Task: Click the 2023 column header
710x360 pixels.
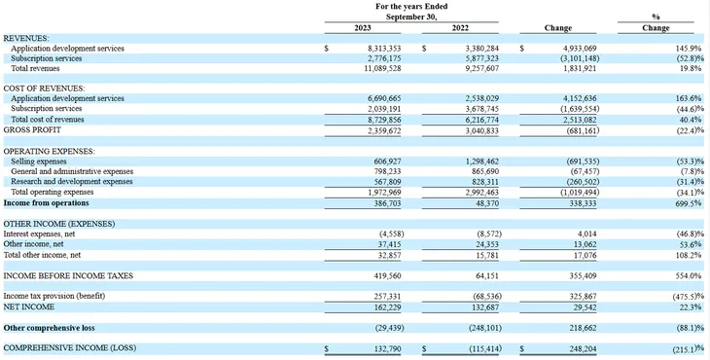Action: point(362,28)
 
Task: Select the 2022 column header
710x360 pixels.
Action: point(460,28)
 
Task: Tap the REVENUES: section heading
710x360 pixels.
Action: point(26,39)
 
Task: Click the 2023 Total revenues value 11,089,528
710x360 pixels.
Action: point(382,69)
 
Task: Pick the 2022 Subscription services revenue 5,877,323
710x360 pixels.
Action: point(482,58)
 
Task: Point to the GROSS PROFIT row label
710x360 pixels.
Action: point(32,130)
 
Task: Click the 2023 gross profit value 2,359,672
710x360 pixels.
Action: point(384,131)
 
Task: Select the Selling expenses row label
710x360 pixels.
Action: point(39,162)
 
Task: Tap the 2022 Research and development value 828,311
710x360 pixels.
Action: point(486,182)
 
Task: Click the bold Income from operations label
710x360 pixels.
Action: point(46,203)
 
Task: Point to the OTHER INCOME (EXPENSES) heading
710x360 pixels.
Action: point(59,224)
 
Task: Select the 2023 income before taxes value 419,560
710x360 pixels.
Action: point(388,275)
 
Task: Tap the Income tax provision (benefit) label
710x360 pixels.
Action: point(54,296)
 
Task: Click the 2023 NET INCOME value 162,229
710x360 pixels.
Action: point(388,307)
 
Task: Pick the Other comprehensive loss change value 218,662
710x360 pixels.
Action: point(584,328)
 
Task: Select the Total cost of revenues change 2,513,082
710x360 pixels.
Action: point(580,120)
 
